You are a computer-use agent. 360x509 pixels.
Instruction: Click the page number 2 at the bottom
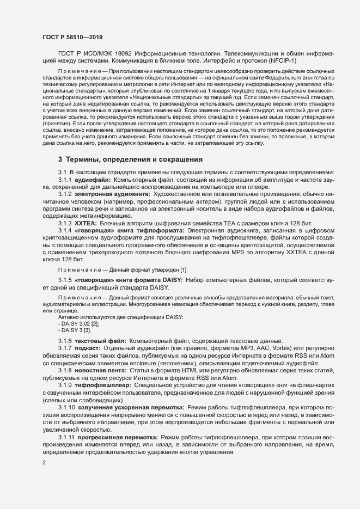pyautogui.click(x=44, y=463)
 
